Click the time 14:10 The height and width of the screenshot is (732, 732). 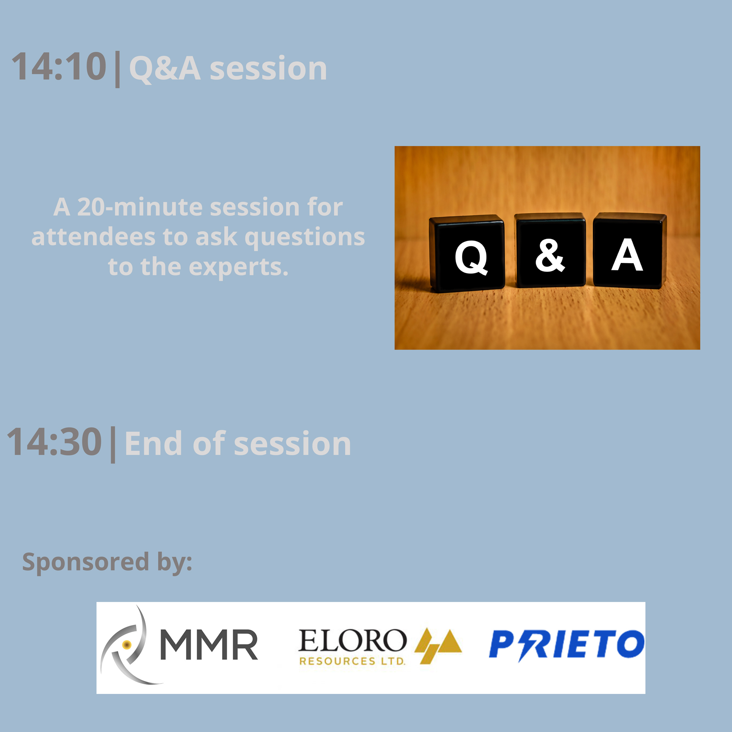pyautogui.click(x=59, y=67)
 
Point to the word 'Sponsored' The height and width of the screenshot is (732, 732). pyautogui.click(x=86, y=563)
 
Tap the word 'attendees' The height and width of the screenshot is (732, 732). pyautogui.click(x=93, y=237)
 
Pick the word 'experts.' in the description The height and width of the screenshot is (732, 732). pyautogui.click(x=239, y=268)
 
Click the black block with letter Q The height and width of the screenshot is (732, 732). pyautogui.click(x=467, y=253)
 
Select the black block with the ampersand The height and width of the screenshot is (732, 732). pyautogui.click(x=550, y=250)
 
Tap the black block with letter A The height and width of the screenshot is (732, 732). pyautogui.click(x=629, y=250)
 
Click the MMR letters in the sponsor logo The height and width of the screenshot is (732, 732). pyautogui.click(x=209, y=645)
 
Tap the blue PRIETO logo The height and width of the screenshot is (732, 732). pyautogui.click(x=567, y=645)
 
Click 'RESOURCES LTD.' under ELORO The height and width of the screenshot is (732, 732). pyautogui.click(x=352, y=661)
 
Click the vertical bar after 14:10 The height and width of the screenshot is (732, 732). pyautogui.click(x=117, y=69)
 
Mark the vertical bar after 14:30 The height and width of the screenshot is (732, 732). pyautogui.click(x=113, y=445)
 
